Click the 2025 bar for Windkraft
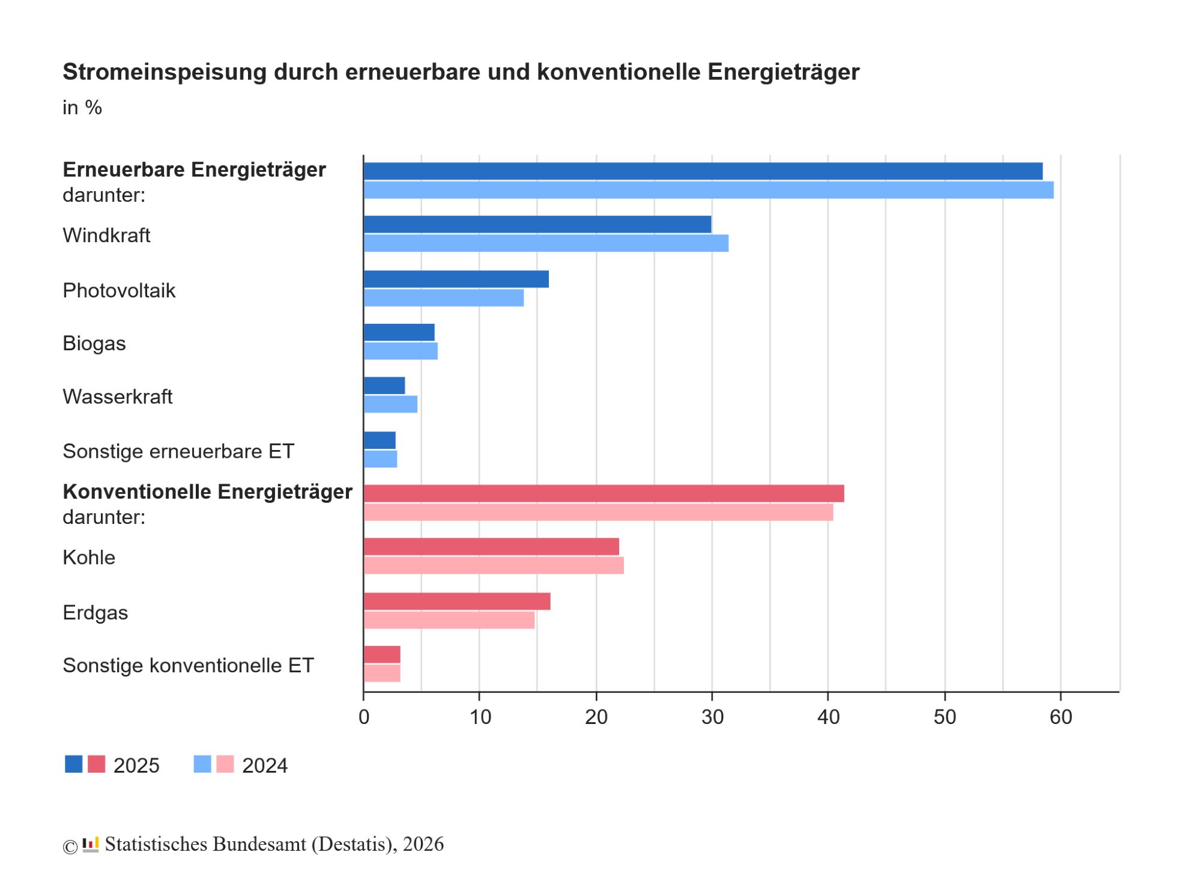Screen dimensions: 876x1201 [x=537, y=224]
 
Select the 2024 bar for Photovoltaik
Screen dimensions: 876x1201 [x=444, y=298]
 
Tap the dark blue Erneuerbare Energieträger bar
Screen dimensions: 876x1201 [x=703, y=171]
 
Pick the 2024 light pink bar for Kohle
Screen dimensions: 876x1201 [x=494, y=565]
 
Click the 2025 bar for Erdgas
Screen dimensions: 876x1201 [x=457, y=601]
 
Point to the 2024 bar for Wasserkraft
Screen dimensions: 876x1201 [x=390, y=404]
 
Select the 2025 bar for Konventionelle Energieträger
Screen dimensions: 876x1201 [x=604, y=493]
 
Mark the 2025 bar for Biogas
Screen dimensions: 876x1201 [x=399, y=332]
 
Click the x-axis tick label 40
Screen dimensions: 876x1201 [x=828, y=717]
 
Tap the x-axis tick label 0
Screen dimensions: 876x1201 [x=364, y=717]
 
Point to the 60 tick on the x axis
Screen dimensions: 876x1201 [x=1060, y=717]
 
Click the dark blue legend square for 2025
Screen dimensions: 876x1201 [x=74, y=764]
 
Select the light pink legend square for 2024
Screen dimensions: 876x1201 [x=225, y=764]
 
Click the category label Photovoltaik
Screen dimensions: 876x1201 [x=119, y=291]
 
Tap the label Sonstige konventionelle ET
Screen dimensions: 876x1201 [x=188, y=666]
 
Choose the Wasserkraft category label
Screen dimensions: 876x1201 [x=118, y=397]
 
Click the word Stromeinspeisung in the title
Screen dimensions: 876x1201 [x=165, y=72]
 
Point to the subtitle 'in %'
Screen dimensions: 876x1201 [x=82, y=108]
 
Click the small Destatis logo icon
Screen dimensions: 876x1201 [x=91, y=844]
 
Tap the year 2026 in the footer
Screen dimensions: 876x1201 [x=423, y=844]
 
